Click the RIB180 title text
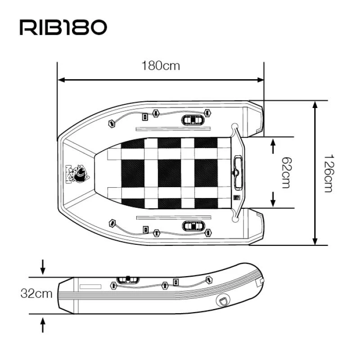coord(63,27)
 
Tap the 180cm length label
coord(161,66)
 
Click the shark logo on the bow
coord(78,173)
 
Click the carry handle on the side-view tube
coord(127,280)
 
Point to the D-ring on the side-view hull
coord(222,300)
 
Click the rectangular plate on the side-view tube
coord(90,286)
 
